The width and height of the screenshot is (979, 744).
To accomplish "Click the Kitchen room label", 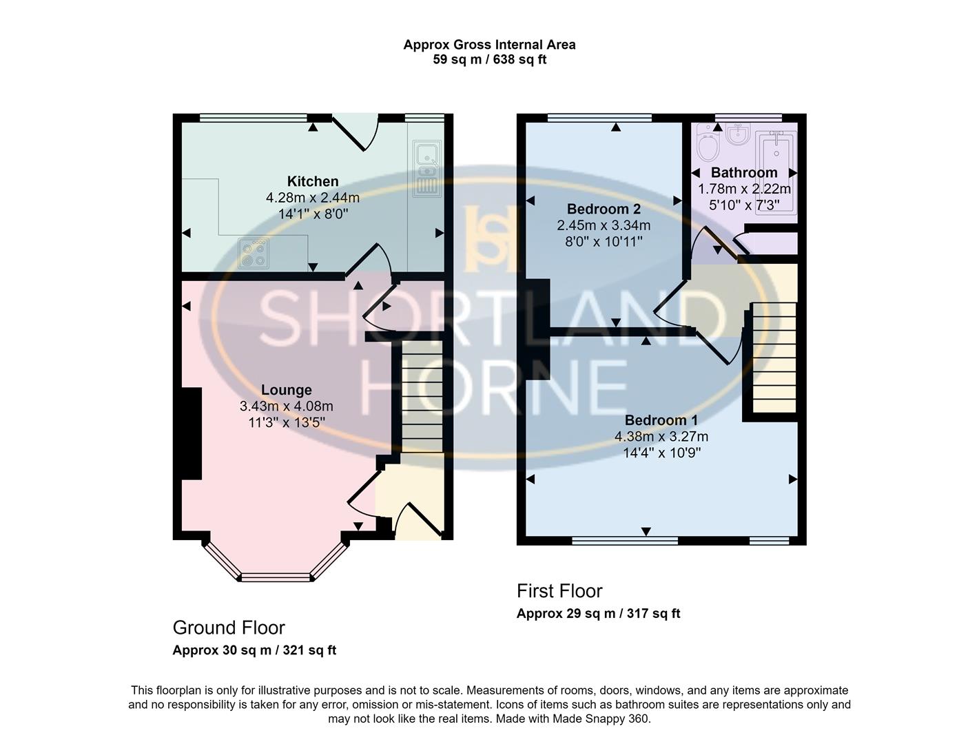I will tap(313, 181).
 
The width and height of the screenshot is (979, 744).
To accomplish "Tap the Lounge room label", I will tap(286, 390).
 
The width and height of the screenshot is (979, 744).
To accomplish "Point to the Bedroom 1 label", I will tap(661, 420).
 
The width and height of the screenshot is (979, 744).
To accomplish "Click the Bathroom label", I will tap(744, 172).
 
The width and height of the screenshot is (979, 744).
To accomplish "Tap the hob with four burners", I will tap(254, 253).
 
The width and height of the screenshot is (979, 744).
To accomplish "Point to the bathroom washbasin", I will tap(738, 134).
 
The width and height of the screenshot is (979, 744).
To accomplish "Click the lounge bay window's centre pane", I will tap(276, 577).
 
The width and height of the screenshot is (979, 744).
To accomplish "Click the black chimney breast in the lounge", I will tap(191, 433).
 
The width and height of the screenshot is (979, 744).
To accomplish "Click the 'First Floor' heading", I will tap(559, 591).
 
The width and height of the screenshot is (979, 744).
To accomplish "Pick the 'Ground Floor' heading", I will tap(229, 628).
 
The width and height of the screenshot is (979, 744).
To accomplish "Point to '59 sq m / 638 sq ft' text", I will tap(489, 59).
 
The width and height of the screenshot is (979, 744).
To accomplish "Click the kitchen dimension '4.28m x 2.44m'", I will tap(313, 198).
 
